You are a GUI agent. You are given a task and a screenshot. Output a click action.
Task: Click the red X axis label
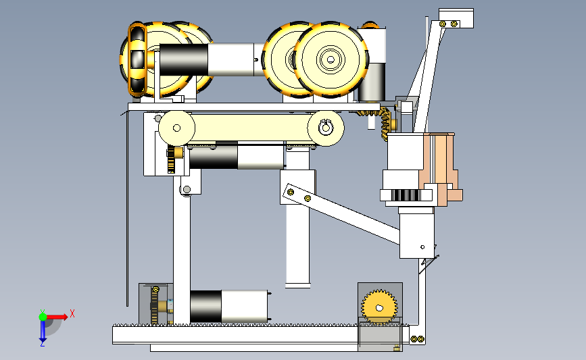point(72,313)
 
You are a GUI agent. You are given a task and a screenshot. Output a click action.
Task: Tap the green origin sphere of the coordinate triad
point(43,317)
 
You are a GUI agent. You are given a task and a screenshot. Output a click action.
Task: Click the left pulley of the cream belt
point(177,128)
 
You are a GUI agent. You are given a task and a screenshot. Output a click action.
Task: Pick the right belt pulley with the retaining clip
point(326,128)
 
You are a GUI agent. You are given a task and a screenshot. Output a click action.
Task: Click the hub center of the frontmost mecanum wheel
point(331,59)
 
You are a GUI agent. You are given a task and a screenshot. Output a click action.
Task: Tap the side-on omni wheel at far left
point(137,59)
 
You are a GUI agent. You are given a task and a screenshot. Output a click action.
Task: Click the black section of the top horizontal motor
point(183,59)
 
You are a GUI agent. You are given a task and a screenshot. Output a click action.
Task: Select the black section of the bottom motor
point(206,307)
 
